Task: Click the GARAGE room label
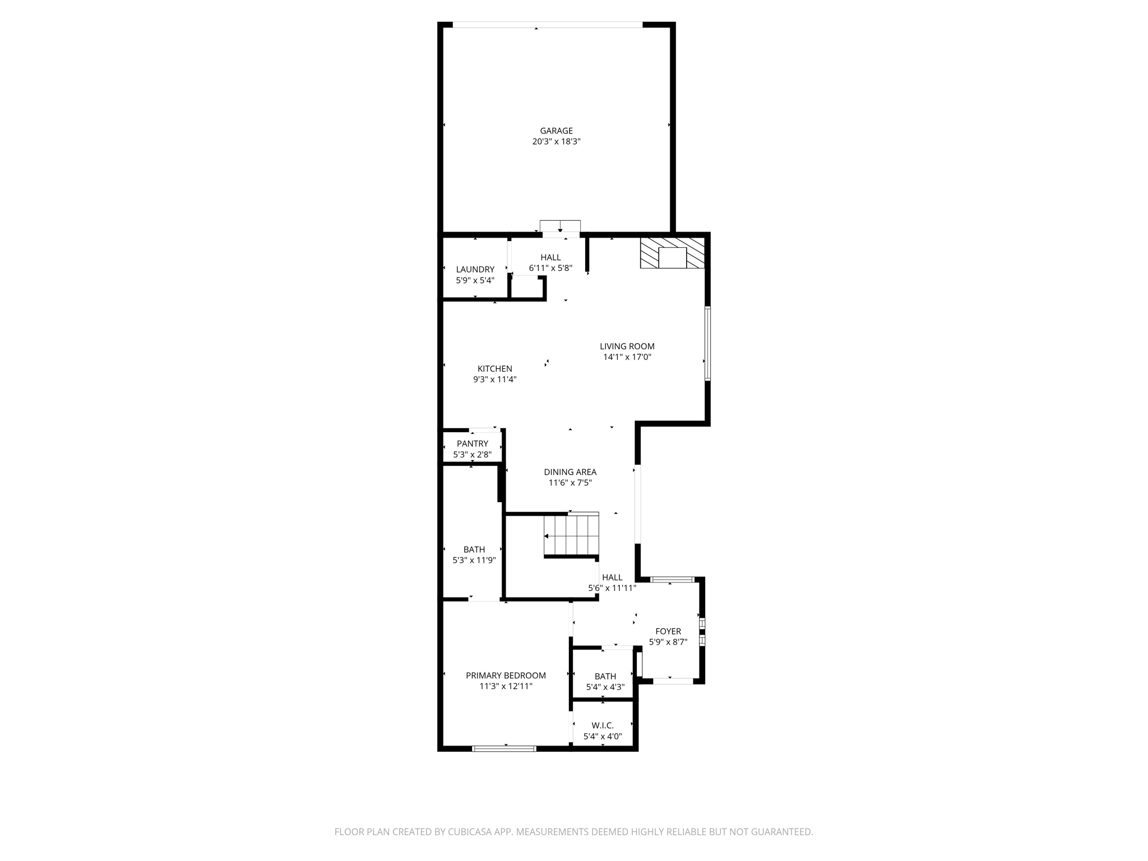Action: pos(556,131)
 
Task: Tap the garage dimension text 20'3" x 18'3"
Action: pos(556,142)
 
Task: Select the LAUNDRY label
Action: pos(475,269)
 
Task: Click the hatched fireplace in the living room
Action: pos(672,253)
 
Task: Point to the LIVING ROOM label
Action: pos(627,346)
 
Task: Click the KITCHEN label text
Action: pos(494,368)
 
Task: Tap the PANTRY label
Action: pos(472,443)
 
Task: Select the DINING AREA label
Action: pos(570,472)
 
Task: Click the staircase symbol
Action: pos(571,535)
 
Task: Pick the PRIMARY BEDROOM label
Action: pos(506,675)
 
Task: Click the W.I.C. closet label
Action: pos(603,725)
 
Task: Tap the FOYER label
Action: pos(668,631)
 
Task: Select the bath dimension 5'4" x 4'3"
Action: pos(605,687)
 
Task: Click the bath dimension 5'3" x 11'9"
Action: pos(474,560)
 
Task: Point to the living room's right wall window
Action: pos(707,344)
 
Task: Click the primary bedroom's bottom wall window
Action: pos(504,748)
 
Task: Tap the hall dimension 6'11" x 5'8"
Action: pos(550,268)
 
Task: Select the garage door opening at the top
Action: pos(547,25)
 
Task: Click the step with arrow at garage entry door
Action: pos(559,226)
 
